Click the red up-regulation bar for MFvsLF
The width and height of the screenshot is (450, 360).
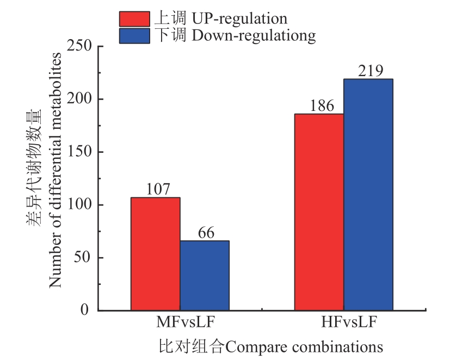tap(155, 253)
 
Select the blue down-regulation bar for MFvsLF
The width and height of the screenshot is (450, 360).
tap(205, 275)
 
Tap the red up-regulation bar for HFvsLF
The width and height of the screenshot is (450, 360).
tap(319, 212)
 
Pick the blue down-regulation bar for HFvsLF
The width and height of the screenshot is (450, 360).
tap(368, 195)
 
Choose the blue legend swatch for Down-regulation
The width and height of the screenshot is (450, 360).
tap(134, 36)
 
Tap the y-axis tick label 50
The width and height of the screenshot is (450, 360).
tap(83, 258)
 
